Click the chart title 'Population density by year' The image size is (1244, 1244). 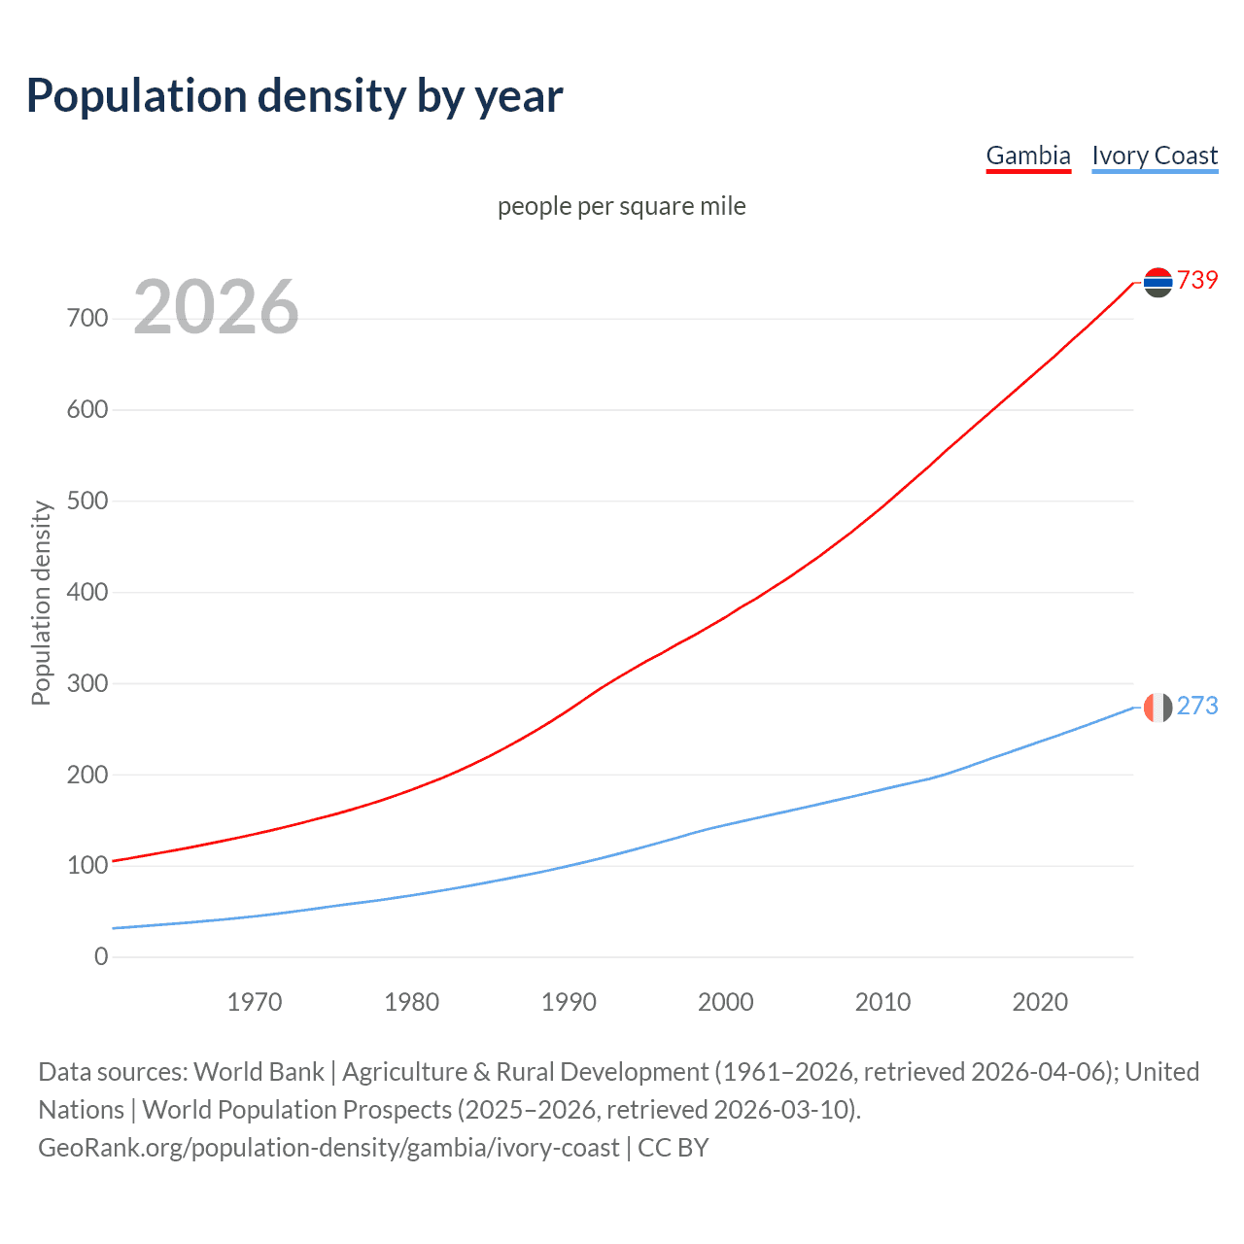294,96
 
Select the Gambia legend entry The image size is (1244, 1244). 1028,155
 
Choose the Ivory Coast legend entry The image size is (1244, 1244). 1155,155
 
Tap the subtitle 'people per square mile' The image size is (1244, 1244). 621,206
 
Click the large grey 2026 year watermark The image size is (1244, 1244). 216,307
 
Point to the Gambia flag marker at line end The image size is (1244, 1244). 1158,282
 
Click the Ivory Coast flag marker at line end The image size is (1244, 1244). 1158,707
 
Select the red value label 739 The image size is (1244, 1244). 1197,281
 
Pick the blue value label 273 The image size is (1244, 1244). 1197,707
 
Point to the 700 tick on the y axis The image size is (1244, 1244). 87,319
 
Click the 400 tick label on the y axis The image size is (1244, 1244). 87,592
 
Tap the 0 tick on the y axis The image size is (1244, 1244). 101,956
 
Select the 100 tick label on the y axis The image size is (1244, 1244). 87,865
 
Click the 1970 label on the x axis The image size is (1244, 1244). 255,1002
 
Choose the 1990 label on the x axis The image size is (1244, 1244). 569,1002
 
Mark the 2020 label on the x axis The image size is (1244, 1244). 1040,1002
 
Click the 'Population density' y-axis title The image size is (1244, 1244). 41,603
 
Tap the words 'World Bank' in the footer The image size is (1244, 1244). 259,1072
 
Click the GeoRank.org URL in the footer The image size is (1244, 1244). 328,1148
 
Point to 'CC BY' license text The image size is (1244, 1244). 674,1148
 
